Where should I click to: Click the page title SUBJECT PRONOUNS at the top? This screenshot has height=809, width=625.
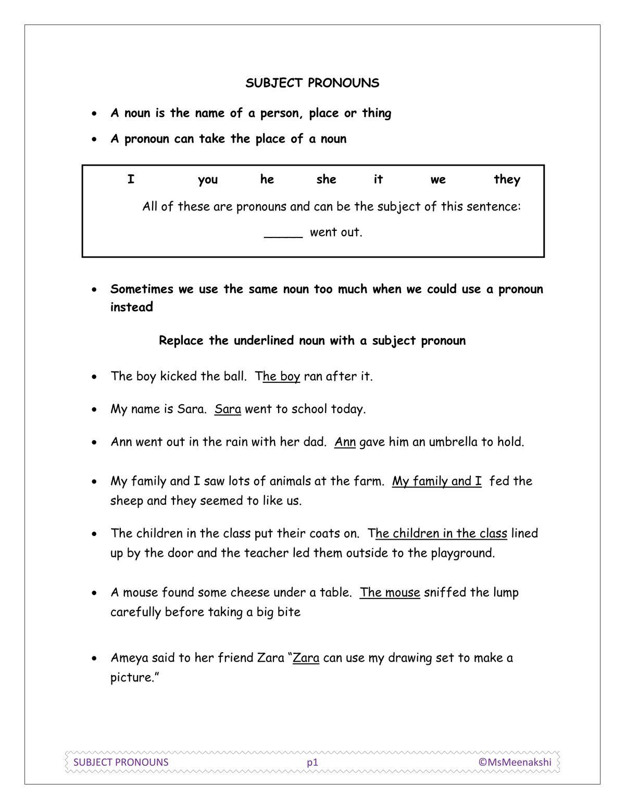coord(312,83)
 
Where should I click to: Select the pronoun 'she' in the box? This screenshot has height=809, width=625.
coord(326,179)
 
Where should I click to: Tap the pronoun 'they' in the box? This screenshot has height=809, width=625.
coord(507,179)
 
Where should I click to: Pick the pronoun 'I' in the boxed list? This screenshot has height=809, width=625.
coord(131,179)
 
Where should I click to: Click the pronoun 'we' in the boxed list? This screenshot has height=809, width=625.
coord(438,179)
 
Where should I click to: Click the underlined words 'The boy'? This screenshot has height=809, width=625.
coord(278,376)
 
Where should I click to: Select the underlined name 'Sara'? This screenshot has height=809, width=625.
coord(228,409)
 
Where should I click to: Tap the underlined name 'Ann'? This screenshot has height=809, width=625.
coord(345,442)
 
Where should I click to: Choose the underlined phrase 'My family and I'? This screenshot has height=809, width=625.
coord(436,481)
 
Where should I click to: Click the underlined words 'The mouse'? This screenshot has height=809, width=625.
coord(390,592)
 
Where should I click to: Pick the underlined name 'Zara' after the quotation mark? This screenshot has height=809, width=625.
coord(306,658)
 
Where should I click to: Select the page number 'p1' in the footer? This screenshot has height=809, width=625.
coord(312,762)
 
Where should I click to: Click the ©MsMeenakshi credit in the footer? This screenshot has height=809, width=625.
coord(515,762)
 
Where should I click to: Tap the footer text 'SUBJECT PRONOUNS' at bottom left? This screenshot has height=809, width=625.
coord(121,762)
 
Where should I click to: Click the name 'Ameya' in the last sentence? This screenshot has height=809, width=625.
coord(129,658)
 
